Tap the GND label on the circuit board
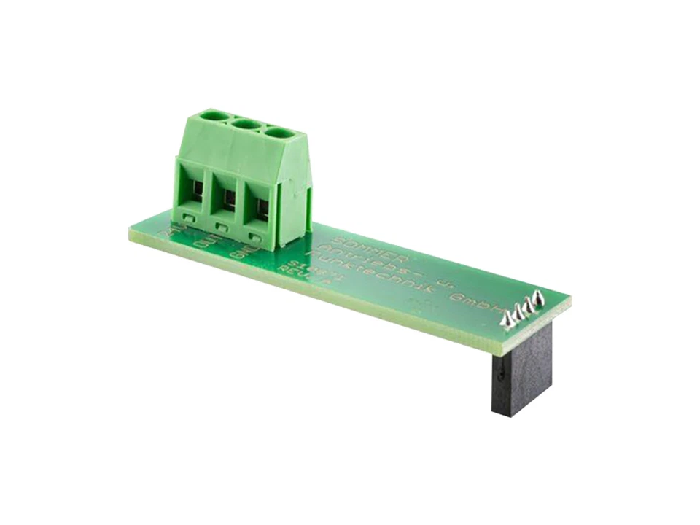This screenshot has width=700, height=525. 240,253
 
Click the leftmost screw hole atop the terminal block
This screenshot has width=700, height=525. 214,115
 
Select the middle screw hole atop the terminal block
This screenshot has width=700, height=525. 246,124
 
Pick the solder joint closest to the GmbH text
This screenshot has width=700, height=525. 508,319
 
